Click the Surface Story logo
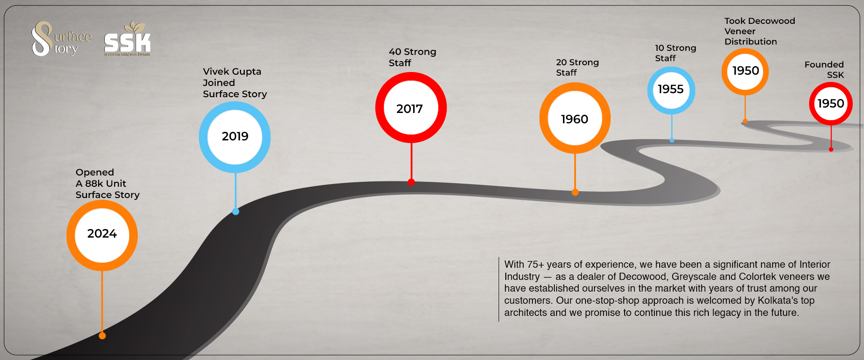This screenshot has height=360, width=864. tap(61, 39)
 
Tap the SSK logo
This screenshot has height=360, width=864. tap(127, 39)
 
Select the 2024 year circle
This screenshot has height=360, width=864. tap(102, 235)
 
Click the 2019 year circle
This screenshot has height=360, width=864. tap(235, 137)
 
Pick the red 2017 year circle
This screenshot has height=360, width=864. tap(411, 108)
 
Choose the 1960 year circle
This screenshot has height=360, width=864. tap(575, 118)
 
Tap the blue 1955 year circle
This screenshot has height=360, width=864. tap(671, 90)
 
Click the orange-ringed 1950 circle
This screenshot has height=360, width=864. tap(745, 72)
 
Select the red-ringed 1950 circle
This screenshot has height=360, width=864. tap(831, 103)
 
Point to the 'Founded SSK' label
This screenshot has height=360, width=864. tap(824, 70)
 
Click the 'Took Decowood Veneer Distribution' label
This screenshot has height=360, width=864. tap(760, 31)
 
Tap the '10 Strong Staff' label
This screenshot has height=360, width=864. tap(675, 53)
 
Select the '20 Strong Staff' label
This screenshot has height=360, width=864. tap(577, 67)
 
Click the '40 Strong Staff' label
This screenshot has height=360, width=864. tap(413, 57)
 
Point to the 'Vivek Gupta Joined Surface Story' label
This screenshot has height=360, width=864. tap(235, 83)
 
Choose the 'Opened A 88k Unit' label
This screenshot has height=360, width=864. tap(101, 178)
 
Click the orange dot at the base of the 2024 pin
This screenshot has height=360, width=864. tap(102, 336)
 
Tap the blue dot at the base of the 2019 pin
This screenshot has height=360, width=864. tap(235, 211)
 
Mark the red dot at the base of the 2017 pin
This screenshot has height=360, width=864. tap(411, 182)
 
